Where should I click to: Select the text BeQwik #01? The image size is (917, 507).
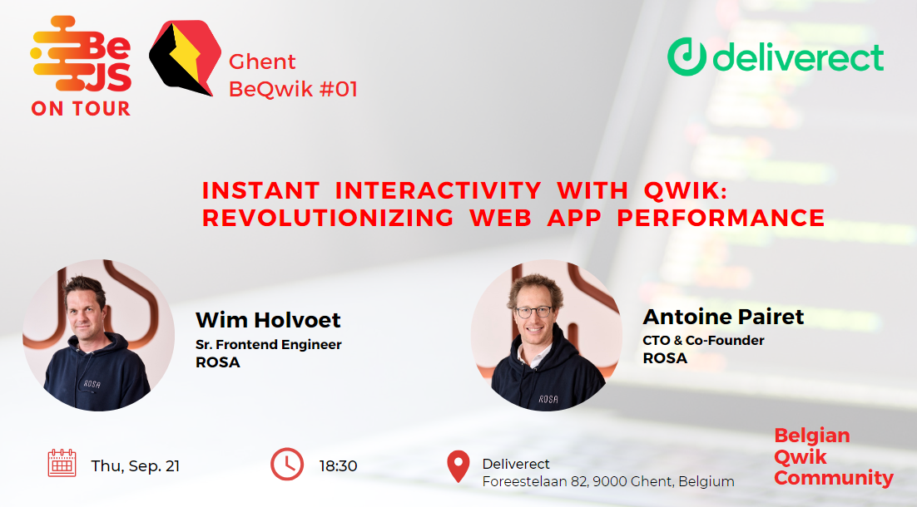pyautogui.click(x=293, y=89)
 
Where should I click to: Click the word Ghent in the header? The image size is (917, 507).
pyautogui.click(x=262, y=62)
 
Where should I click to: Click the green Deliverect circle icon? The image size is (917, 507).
pyautogui.click(x=686, y=57)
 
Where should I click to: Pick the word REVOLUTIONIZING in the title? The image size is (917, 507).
pyautogui.click(x=328, y=218)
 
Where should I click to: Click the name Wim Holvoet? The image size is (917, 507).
pyautogui.click(x=268, y=320)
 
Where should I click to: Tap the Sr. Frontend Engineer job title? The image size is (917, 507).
pyautogui.click(x=268, y=344)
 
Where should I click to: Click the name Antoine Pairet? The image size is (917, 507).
pyautogui.click(x=723, y=317)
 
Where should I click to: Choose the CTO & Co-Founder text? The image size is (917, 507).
pyautogui.click(x=703, y=340)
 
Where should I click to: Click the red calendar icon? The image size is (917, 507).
pyautogui.click(x=62, y=463)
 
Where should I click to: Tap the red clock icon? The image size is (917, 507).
pyautogui.click(x=287, y=464)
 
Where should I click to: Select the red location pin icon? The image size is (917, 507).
pyautogui.click(x=458, y=466)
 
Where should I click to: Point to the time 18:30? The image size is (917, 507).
pyautogui.click(x=338, y=465)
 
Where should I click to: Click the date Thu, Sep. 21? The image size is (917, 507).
pyautogui.click(x=135, y=465)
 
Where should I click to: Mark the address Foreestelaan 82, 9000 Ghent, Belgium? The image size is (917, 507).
pyautogui.click(x=608, y=481)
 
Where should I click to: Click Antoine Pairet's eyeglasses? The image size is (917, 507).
pyautogui.click(x=533, y=313)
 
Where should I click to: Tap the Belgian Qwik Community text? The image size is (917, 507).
pyautogui.click(x=833, y=457)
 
